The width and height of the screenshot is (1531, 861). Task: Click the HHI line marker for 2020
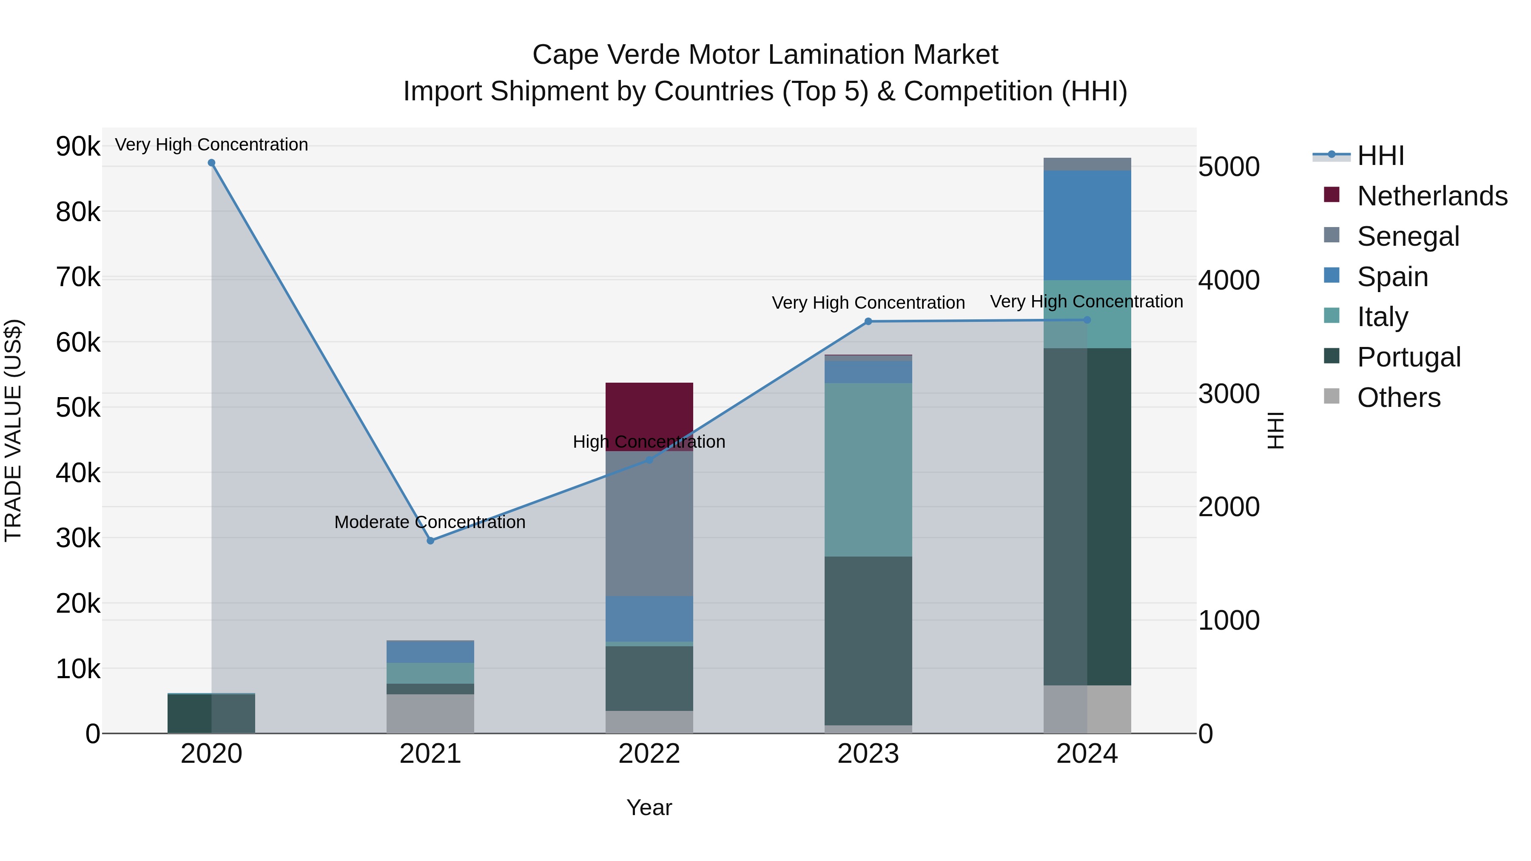pos(212,163)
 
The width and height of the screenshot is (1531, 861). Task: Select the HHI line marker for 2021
pos(430,541)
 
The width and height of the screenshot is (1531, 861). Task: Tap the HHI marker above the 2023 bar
pos(868,321)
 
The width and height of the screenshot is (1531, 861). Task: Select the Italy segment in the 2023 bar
pos(868,469)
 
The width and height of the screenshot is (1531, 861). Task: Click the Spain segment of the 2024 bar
pos(1087,225)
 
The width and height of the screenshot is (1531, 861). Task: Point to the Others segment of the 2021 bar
pos(430,713)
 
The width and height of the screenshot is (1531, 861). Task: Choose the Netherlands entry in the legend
pos(1432,196)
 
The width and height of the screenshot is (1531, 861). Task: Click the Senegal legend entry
pos(1408,236)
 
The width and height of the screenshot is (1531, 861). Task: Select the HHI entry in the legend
pos(1380,156)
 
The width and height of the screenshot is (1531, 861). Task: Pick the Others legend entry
pos(1398,398)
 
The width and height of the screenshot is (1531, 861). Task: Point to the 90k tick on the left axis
pos(78,146)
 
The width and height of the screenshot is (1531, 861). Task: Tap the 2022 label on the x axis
pos(649,754)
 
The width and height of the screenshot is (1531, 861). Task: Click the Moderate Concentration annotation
pos(430,522)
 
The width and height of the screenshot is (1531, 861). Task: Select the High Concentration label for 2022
pos(649,442)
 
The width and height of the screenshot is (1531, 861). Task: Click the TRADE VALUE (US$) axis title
pos(14,430)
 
